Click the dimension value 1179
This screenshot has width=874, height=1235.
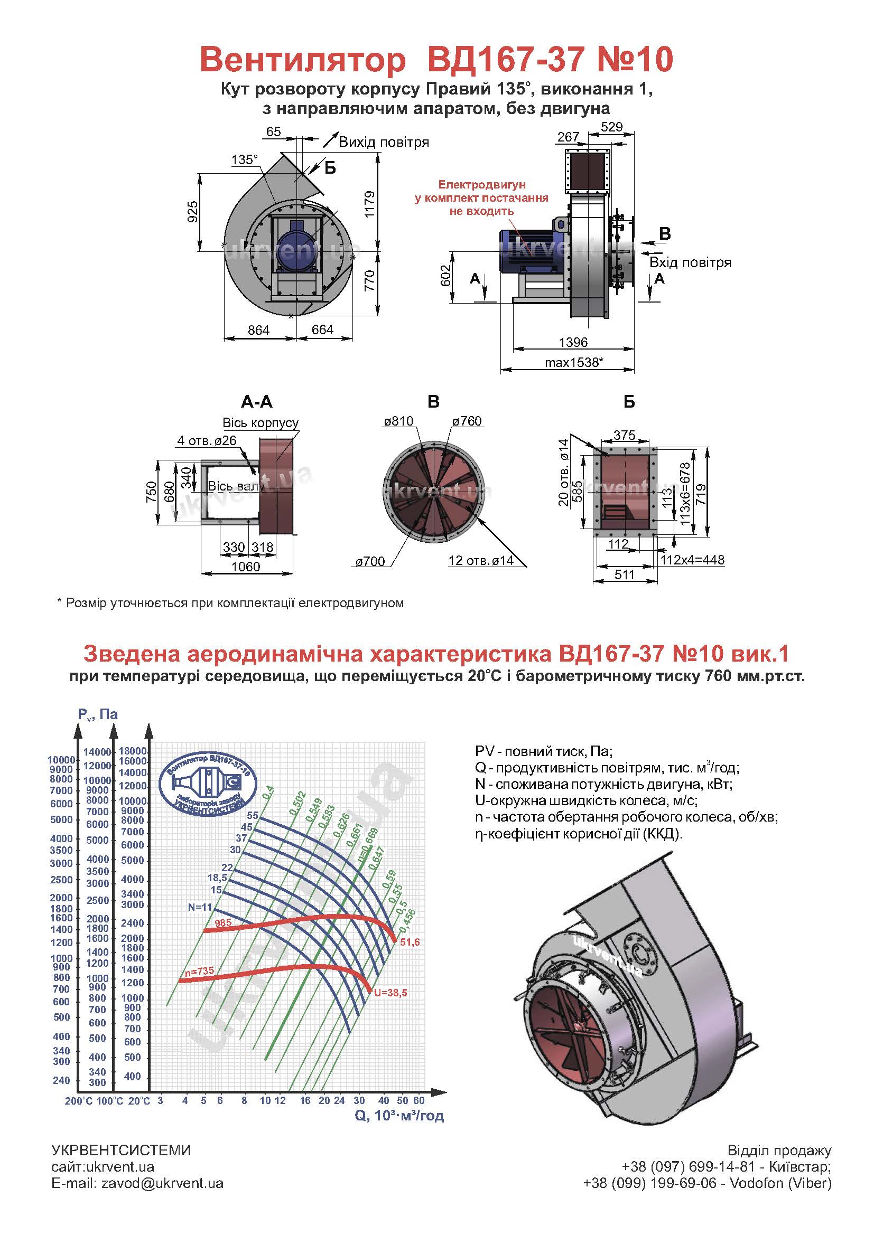pyautogui.click(x=369, y=204)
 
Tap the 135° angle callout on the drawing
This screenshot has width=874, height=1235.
pyautogui.click(x=244, y=160)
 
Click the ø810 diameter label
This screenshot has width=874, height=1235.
pyautogui.click(x=399, y=421)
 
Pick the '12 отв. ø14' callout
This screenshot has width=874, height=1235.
pyautogui.click(x=480, y=561)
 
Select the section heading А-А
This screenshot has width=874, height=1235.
pyautogui.click(x=257, y=402)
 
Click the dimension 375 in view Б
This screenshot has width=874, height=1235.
pyautogui.click(x=624, y=435)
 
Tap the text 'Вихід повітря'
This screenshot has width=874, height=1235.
pyautogui.click(x=384, y=143)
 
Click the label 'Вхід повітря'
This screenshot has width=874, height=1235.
pyautogui.click(x=690, y=262)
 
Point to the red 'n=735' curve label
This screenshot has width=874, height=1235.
pyautogui.click(x=199, y=972)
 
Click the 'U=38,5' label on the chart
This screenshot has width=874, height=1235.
pyautogui.click(x=390, y=993)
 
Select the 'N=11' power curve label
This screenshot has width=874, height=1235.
pyautogui.click(x=200, y=908)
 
